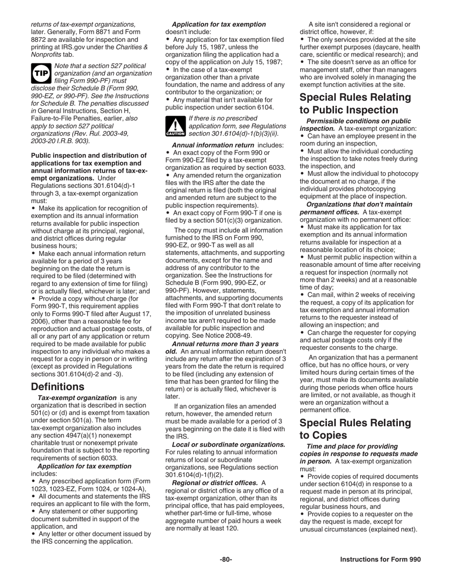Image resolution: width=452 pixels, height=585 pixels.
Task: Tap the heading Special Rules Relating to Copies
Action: click(x=355, y=429)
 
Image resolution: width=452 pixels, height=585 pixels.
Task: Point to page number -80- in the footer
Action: click(x=226, y=559)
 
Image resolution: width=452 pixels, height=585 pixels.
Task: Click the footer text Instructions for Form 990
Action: click(x=380, y=559)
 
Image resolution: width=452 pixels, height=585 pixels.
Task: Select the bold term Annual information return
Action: click(x=213, y=145)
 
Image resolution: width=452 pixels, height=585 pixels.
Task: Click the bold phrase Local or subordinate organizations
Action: click(x=228, y=444)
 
